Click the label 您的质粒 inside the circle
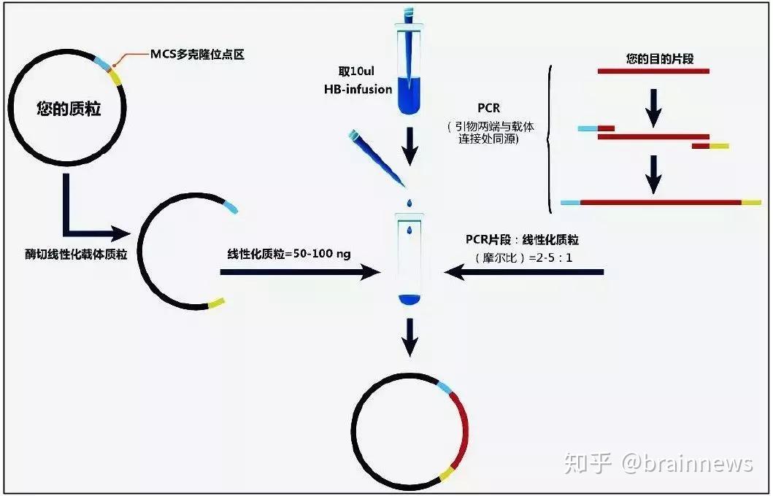point(69,110)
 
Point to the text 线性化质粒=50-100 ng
point(289,254)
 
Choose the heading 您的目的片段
point(653,57)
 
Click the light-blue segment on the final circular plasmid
point(445,387)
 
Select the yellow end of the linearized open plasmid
point(216,301)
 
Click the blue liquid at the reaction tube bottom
point(409,299)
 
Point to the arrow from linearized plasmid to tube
point(299,272)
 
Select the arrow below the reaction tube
point(409,336)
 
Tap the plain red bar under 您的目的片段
point(653,71)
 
